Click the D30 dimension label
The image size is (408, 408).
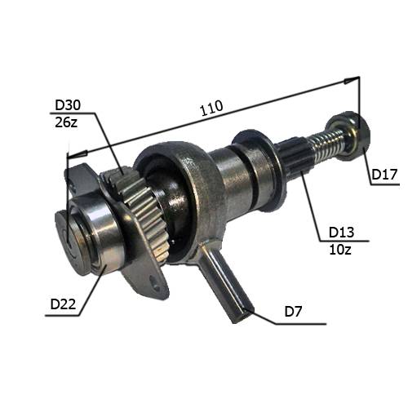(68, 105)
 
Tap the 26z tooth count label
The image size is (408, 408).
(66, 122)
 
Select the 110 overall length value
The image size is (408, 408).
(211, 108)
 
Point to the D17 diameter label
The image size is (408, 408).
(384, 174)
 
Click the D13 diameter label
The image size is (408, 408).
(341, 233)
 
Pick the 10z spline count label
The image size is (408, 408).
(340, 249)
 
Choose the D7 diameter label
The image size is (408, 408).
(293, 312)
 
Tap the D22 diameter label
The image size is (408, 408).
(63, 304)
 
